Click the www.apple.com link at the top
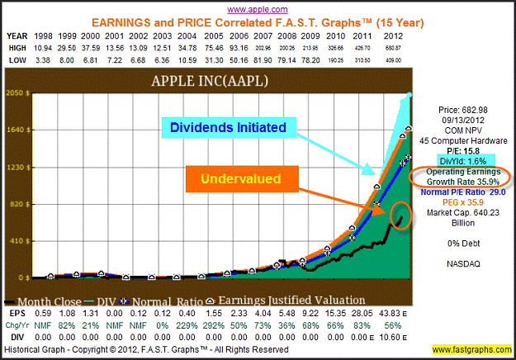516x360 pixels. point(258,7)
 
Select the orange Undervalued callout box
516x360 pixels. point(233,178)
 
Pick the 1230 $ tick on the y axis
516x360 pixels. point(18,168)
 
